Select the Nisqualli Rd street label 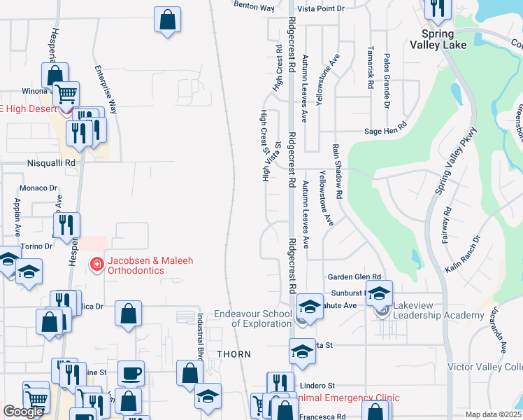point(51,162)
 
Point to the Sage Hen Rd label point(385,131)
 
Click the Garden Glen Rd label point(358,277)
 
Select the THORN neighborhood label point(234,353)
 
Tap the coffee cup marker point(130,372)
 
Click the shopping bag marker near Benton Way point(168,20)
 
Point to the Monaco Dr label point(38,188)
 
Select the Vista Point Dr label point(322,8)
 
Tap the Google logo point(23,411)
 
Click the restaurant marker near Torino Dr point(66,225)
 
